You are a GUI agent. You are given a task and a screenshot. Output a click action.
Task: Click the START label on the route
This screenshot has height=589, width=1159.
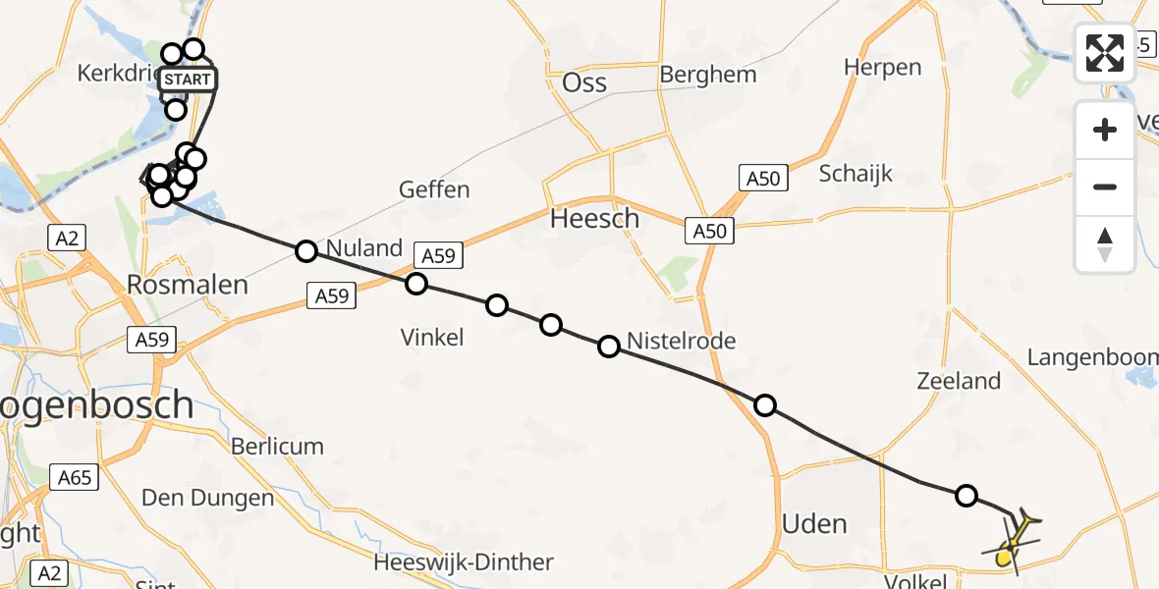tap(187, 80)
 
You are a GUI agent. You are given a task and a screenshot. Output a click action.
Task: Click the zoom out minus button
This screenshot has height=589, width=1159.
tap(1105, 187)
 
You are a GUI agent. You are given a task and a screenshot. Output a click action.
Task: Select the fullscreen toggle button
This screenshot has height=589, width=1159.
tap(1105, 53)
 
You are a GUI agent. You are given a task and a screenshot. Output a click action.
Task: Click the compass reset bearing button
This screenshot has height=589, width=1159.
tap(1105, 243)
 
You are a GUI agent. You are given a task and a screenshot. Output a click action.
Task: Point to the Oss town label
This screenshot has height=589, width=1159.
tap(584, 82)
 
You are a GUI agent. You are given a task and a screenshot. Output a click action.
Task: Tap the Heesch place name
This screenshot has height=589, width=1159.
tap(594, 218)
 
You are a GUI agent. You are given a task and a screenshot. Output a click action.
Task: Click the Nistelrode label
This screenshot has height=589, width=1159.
tap(681, 341)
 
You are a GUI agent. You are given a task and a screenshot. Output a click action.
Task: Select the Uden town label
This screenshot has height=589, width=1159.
tap(814, 524)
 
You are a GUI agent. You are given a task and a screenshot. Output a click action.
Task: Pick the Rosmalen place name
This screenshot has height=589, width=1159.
tap(187, 285)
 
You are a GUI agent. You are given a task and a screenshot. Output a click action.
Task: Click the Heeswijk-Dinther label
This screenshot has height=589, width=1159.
tap(464, 562)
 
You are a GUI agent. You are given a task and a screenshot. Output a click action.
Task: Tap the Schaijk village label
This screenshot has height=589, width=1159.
tap(855, 174)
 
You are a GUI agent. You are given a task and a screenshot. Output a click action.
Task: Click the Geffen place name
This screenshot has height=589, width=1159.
tap(434, 189)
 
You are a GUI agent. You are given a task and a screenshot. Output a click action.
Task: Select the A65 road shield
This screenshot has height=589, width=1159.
tap(74, 478)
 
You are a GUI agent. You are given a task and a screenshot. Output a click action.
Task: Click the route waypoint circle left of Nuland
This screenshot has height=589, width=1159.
tap(306, 251)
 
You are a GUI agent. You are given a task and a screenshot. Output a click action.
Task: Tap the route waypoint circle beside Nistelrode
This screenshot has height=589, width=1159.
tap(609, 346)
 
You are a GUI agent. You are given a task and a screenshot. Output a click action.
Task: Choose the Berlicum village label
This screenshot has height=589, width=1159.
tap(277, 446)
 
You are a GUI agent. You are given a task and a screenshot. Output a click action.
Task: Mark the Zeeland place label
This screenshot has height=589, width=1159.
tap(959, 381)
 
